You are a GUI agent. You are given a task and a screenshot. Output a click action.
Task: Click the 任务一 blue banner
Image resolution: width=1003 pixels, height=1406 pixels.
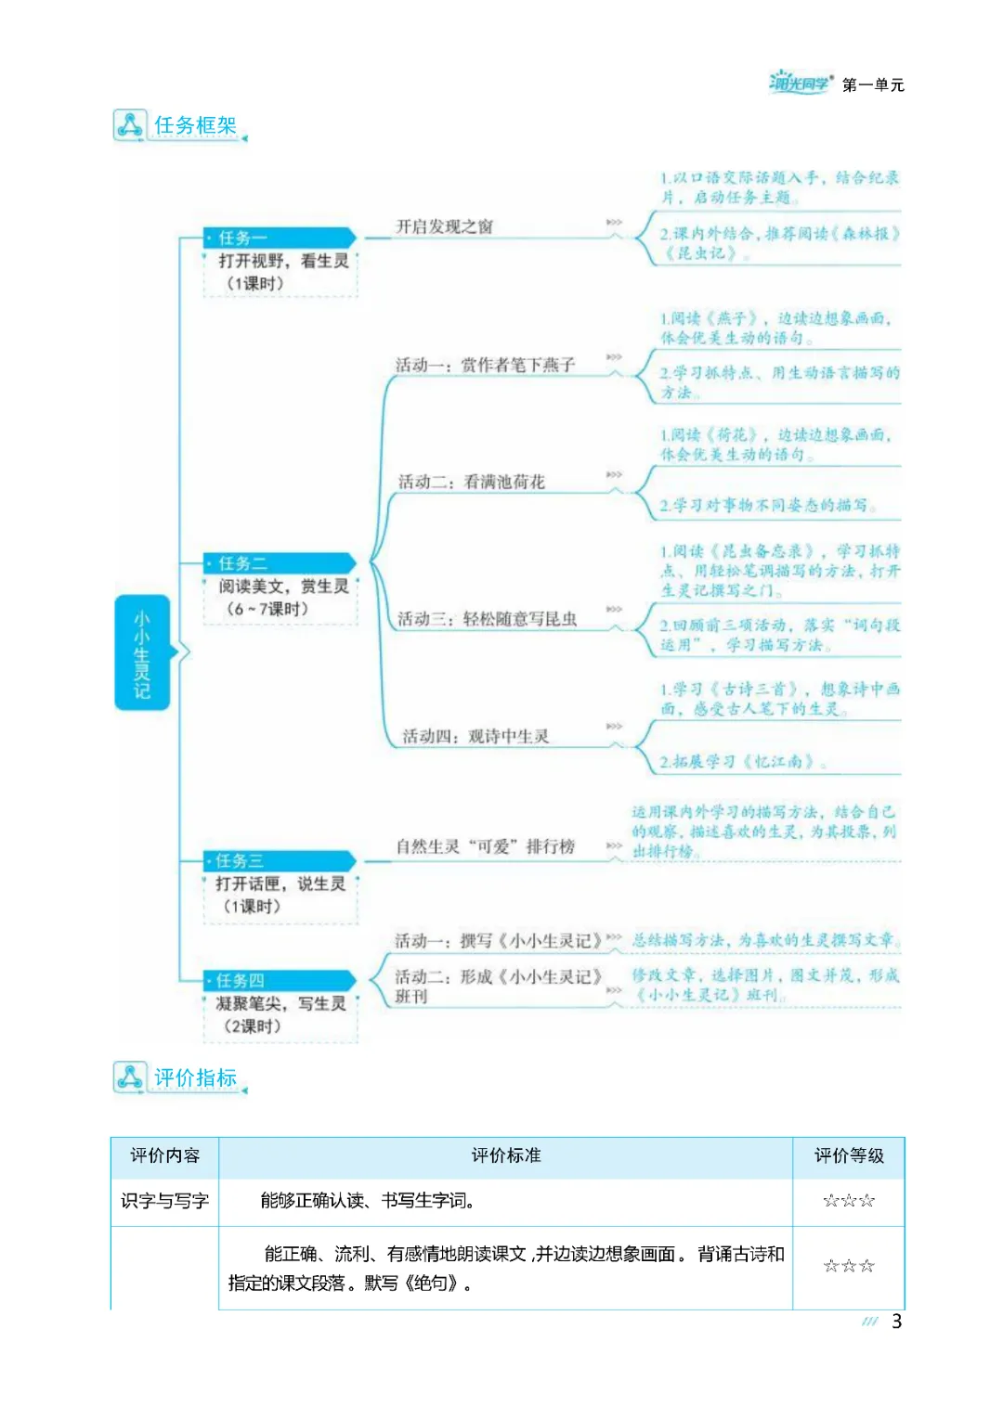279,238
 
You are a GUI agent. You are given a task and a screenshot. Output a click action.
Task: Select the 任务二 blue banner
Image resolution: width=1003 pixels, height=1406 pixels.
279,563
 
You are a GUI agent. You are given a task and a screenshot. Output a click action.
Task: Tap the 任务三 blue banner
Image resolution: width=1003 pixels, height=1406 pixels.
279,861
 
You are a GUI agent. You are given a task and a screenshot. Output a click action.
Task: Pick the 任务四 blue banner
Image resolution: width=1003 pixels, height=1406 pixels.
279,980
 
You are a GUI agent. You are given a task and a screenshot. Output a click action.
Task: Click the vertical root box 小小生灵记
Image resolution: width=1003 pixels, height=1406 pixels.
142,652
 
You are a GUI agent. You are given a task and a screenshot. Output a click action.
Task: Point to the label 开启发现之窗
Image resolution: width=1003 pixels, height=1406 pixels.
445,226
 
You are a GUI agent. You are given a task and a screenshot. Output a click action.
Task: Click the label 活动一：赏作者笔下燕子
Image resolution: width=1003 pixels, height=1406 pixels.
485,365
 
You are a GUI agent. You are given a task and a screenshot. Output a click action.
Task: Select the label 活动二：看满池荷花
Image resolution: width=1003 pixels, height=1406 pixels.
472,482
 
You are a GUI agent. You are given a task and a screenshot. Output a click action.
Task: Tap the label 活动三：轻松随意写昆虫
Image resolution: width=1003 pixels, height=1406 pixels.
488,619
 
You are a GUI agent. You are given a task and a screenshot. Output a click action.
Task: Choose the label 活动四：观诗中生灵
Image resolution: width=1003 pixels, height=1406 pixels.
475,736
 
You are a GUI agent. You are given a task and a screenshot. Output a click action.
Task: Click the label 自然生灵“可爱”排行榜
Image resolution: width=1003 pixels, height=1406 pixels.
486,846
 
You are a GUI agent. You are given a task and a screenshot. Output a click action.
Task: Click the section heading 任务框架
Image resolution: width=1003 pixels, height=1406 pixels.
195,125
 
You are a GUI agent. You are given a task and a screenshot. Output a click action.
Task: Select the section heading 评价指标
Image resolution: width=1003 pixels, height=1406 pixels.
195,1077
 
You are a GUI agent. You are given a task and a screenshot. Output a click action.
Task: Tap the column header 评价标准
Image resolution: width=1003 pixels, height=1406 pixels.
506,1155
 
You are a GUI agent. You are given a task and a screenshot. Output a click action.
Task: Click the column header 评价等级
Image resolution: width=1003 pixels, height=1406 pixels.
849,1155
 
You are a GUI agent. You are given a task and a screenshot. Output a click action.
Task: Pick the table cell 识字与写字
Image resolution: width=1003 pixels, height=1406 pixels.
164,1201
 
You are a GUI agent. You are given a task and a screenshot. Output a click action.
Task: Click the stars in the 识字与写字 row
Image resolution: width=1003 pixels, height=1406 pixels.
849,1201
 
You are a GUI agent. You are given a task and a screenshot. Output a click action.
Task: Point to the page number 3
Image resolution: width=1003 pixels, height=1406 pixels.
896,1322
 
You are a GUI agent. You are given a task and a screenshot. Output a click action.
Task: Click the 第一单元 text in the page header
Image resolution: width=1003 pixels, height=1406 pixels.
873,85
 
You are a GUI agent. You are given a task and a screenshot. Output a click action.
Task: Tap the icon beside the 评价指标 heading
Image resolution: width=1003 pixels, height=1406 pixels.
129,1077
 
